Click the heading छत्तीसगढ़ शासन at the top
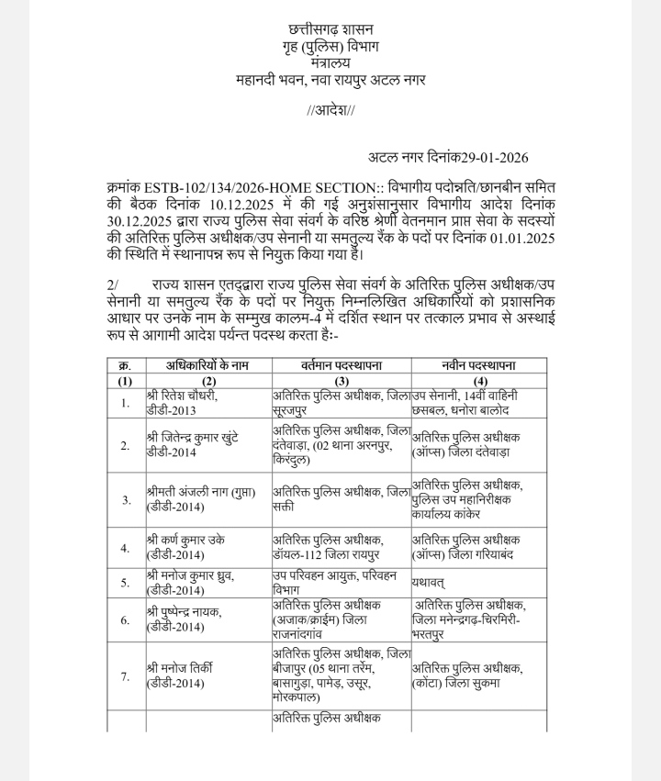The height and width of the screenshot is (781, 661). coord(330,29)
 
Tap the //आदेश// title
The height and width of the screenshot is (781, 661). coord(330,111)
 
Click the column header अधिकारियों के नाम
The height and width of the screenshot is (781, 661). coord(208,365)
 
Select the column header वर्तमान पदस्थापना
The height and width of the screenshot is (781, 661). coord(341,365)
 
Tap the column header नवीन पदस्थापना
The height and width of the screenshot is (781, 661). coord(478,365)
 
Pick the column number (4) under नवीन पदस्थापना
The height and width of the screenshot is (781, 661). coord(478,380)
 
